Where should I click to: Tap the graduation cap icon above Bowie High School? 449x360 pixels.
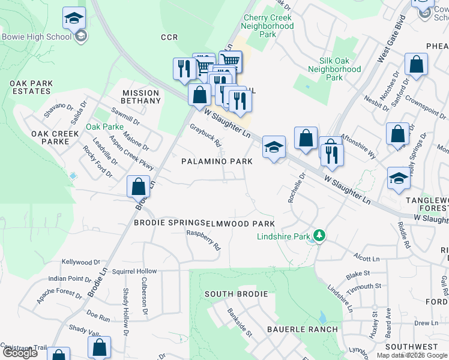click(x=74, y=19)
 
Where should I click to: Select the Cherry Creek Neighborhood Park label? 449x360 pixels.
click(x=268, y=26)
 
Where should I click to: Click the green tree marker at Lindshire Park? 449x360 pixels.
click(x=320, y=236)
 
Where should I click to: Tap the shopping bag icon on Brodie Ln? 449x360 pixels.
click(x=139, y=187)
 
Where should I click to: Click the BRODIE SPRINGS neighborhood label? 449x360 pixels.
click(x=169, y=223)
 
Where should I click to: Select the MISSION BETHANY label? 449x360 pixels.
click(x=141, y=97)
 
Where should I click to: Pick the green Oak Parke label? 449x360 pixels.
click(x=104, y=127)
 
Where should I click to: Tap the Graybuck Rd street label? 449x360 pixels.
click(x=205, y=136)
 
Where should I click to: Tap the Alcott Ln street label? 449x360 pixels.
click(x=367, y=258)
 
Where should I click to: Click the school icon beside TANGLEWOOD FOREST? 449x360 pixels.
click(x=398, y=178)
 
